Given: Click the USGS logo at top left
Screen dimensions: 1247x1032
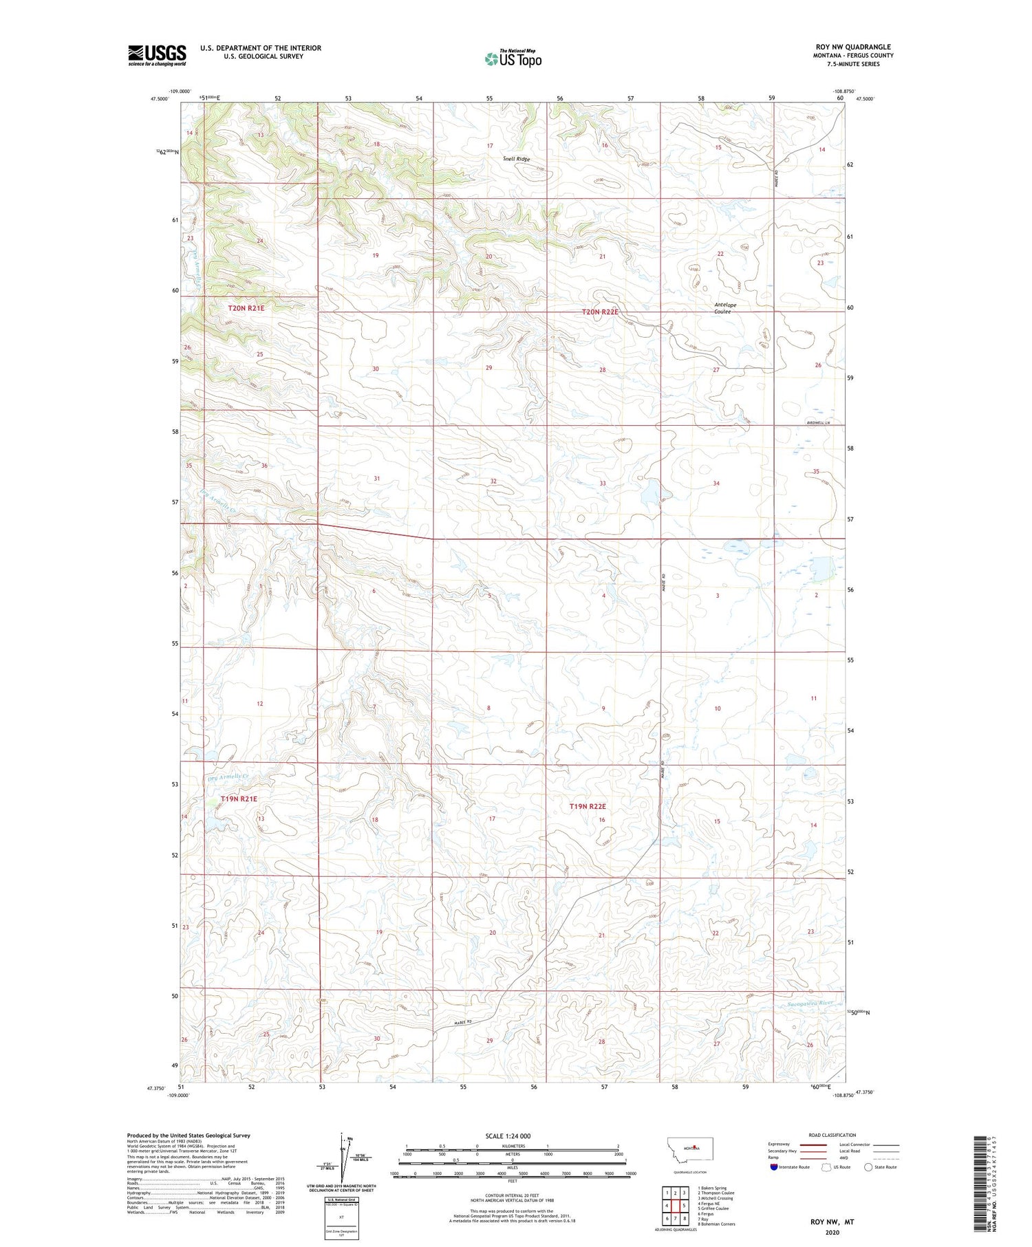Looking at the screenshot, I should coord(157,55).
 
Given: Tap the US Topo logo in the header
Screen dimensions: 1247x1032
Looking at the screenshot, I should coord(513,59).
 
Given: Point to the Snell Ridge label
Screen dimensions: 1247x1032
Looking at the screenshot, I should coord(517,159).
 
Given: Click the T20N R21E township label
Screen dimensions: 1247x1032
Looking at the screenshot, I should coord(246,309).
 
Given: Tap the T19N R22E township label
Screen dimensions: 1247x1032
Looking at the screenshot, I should coord(588,806).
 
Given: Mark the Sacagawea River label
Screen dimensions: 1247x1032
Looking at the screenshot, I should coord(810,1003).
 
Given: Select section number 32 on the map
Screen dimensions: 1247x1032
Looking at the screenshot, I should coord(493,481).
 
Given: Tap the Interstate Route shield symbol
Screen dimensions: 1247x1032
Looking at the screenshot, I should coord(774,1167).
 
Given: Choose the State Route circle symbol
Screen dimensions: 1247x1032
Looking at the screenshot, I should coord(868,1167).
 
